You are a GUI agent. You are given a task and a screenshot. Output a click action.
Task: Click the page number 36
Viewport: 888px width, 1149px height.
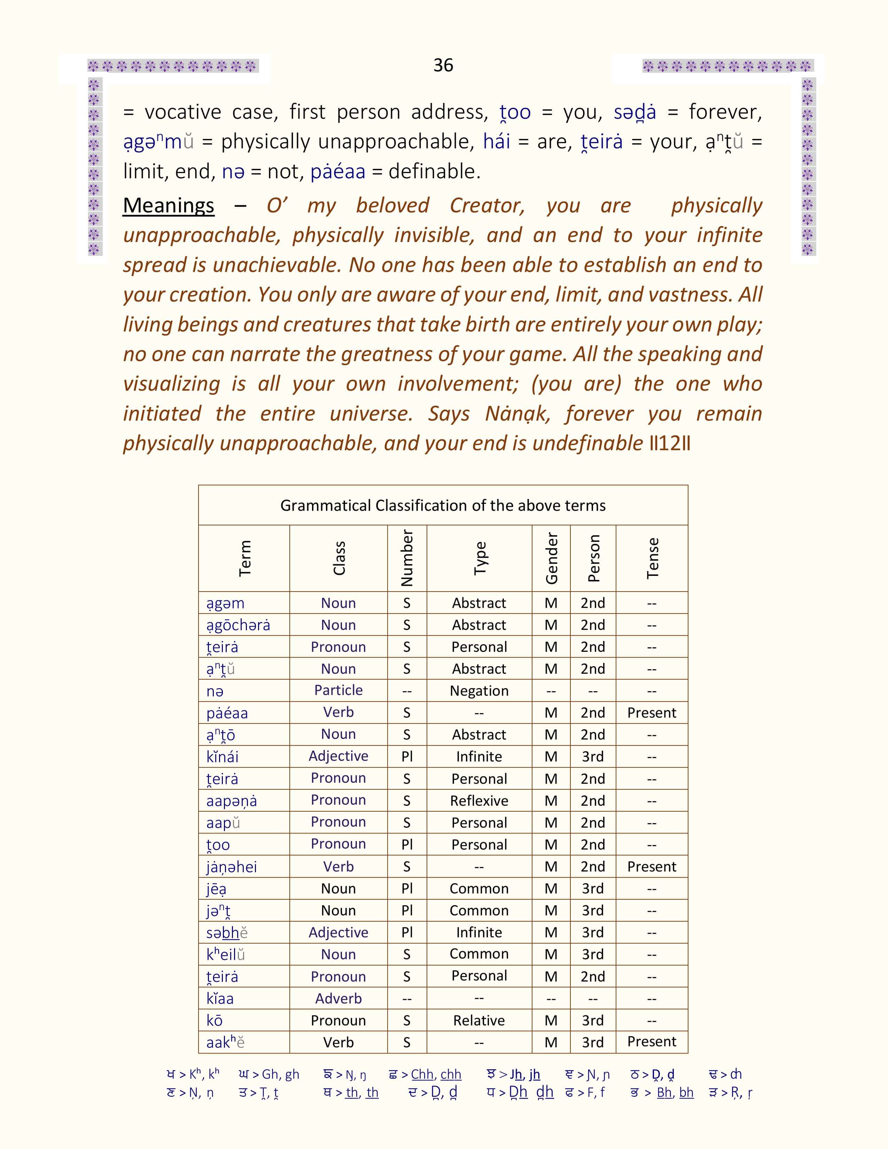443,65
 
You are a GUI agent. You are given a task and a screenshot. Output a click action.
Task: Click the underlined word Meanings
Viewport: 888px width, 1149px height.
168,205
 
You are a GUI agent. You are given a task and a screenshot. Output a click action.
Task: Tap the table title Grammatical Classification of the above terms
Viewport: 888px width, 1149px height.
443,506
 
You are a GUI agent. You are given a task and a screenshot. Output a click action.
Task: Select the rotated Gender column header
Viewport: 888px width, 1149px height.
551,558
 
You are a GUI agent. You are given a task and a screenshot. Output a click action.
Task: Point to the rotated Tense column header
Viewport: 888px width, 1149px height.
652,558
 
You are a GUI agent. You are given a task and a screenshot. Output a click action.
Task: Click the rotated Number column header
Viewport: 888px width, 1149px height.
407,558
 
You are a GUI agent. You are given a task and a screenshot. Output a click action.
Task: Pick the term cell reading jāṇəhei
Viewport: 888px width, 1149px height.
232,867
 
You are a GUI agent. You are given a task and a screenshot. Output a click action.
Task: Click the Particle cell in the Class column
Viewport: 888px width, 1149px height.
338,690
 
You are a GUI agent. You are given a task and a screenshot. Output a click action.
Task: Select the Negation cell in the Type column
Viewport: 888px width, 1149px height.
479,691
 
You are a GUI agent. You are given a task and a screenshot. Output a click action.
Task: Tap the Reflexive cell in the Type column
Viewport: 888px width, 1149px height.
479,801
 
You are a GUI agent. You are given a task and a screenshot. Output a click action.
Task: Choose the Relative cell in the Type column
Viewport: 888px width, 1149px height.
479,1021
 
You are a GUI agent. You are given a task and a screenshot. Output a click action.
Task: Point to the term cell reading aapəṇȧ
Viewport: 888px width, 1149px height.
232,801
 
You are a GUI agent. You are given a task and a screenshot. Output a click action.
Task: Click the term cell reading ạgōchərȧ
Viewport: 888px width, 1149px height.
238,625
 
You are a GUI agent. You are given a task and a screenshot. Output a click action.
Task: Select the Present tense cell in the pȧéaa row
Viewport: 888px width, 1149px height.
652,713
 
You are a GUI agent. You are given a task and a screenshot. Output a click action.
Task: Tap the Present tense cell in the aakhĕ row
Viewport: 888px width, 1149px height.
652,1042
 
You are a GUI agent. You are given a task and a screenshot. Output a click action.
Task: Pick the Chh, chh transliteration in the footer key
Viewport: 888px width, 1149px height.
436,1074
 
